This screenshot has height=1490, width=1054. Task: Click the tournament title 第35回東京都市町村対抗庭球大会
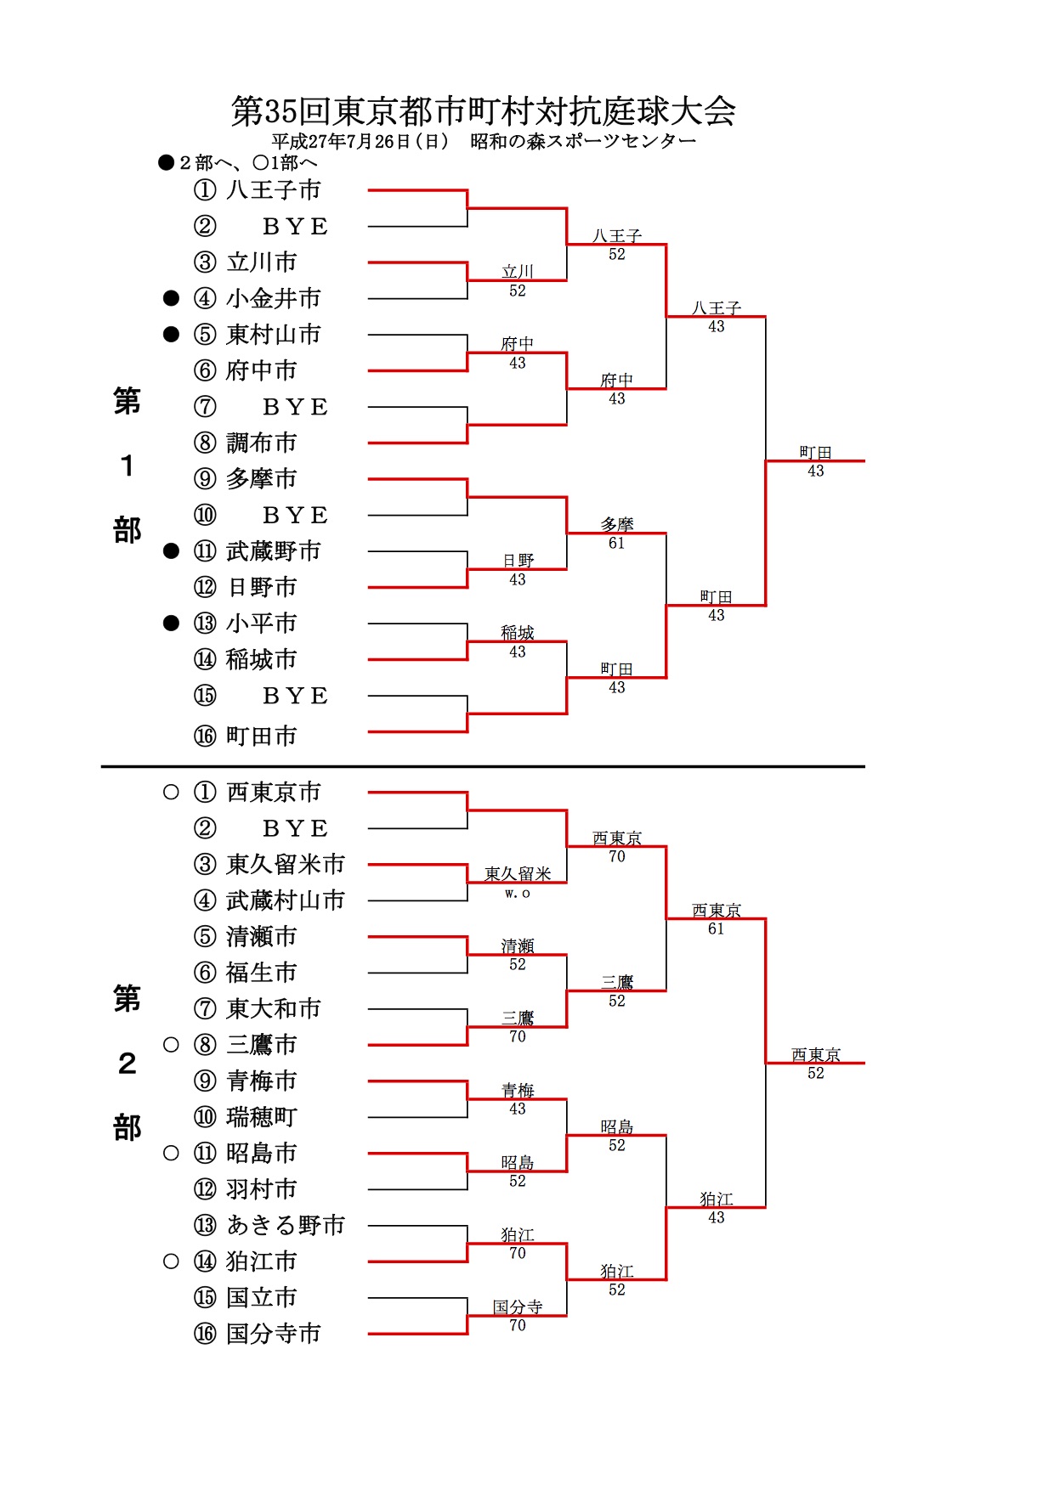point(483,111)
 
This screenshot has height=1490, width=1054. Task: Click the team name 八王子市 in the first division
point(274,189)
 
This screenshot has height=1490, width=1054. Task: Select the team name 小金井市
point(274,298)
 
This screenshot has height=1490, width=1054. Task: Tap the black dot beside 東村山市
point(171,334)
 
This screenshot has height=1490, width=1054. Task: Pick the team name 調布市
point(262,443)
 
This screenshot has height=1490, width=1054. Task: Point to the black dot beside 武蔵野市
point(171,551)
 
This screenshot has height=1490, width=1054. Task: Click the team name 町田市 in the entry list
point(262,736)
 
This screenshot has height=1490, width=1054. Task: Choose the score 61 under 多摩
point(616,543)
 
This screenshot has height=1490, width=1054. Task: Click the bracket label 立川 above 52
point(517,272)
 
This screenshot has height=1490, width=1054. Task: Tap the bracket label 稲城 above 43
point(517,633)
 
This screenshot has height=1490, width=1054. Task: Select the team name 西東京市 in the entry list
point(274,792)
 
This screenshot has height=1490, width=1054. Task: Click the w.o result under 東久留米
point(517,893)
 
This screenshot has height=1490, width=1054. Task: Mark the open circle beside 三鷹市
point(171,1044)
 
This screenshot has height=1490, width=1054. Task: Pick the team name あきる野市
point(286,1225)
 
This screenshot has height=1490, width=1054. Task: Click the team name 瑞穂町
point(262,1116)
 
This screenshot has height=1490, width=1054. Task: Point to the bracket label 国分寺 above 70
point(517,1307)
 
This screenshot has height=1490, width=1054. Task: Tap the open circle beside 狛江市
point(171,1261)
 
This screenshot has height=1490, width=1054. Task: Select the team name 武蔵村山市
point(286,900)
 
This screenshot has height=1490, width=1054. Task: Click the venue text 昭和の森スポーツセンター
point(583,142)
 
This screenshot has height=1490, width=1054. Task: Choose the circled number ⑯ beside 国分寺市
point(205,1334)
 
